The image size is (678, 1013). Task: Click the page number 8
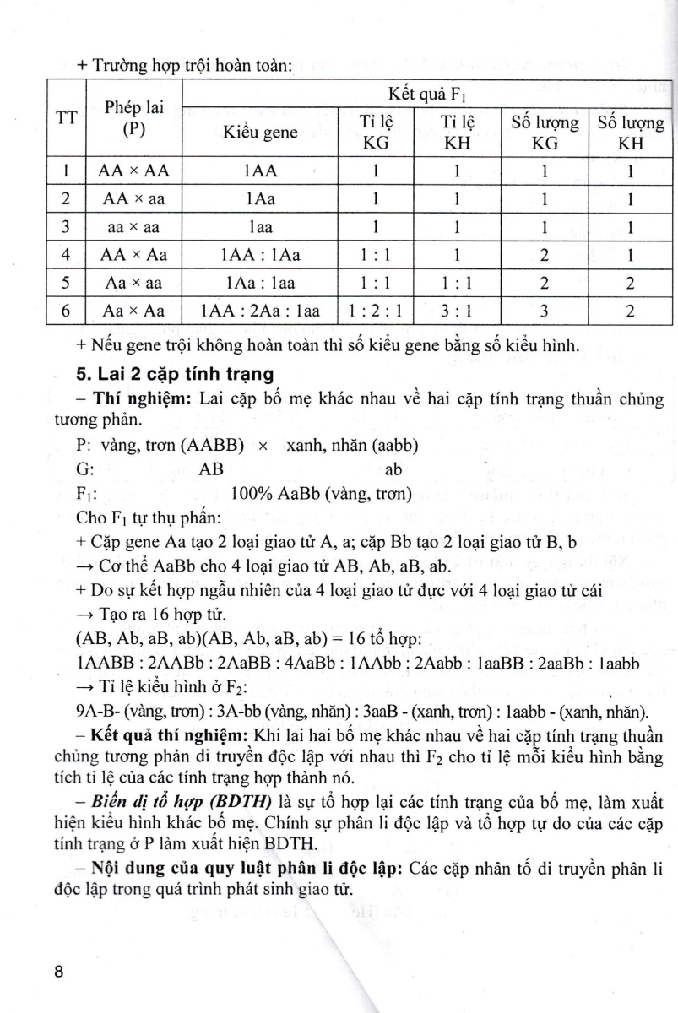click(x=58, y=971)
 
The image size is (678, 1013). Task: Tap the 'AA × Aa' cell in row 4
click(x=133, y=254)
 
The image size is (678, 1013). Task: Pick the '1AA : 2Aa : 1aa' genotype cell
click(x=260, y=311)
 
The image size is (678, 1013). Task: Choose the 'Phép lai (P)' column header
click(x=133, y=118)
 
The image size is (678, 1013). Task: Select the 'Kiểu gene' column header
click(x=260, y=133)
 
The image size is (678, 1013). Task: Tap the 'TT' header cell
click(x=65, y=118)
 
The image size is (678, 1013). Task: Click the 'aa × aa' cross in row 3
click(x=133, y=226)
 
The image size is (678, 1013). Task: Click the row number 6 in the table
click(x=65, y=311)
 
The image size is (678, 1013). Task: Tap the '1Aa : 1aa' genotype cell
click(x=260, y=283)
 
